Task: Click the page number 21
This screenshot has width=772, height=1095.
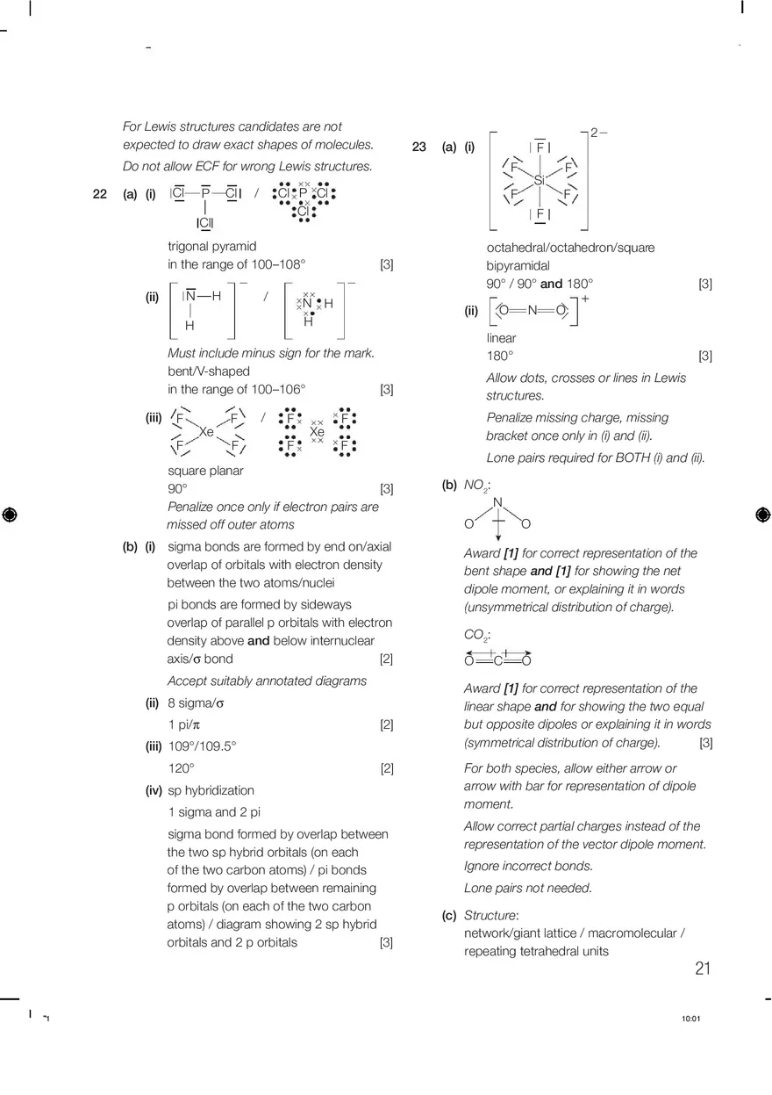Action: (702, 969)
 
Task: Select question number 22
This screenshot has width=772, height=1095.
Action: (99, 194)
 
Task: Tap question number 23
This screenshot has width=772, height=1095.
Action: (419, 148)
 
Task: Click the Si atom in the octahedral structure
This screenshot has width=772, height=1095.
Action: (540, 180)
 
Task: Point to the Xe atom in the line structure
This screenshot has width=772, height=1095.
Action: (206, 432)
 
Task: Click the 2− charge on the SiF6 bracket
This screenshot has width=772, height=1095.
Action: (598, 133)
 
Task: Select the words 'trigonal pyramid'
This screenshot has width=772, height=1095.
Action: (212, 247)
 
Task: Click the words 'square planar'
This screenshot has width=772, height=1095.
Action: (205, 471)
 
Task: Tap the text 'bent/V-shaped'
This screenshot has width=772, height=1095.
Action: (209, 371)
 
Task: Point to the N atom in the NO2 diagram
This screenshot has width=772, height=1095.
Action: (497, 503)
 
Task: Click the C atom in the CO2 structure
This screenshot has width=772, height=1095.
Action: (497, 661)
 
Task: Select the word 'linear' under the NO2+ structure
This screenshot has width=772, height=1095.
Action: (502, 338)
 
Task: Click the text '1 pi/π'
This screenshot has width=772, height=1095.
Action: (184, 725)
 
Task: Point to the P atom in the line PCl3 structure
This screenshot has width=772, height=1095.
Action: (205, 193)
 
